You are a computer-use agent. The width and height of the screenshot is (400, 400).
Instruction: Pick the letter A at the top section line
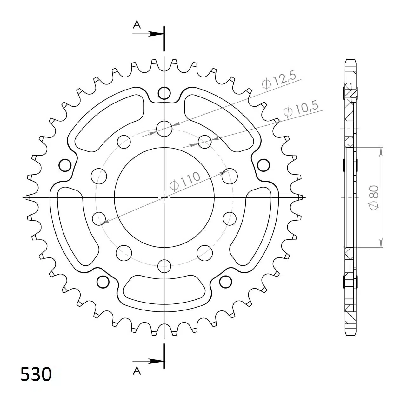tap(137, 24)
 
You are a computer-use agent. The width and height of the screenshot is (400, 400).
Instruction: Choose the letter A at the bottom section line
tap(137, 370)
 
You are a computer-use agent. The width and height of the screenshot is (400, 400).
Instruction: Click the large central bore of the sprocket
tap(164, 197)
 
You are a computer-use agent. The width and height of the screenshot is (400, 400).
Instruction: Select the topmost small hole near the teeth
tap(164, 93)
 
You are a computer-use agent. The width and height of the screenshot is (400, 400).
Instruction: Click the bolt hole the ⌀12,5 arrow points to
tap(164, 129)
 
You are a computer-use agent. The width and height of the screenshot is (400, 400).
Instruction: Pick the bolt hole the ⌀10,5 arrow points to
tap(205, 142)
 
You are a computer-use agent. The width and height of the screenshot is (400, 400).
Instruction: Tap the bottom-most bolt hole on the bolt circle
tap(164, 266)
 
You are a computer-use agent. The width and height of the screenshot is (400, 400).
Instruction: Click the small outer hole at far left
tap(65, 165)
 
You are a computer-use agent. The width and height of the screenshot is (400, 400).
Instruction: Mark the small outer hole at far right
tap(263, 165)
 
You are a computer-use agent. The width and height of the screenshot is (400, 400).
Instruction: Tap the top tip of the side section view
tap(350, 60)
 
